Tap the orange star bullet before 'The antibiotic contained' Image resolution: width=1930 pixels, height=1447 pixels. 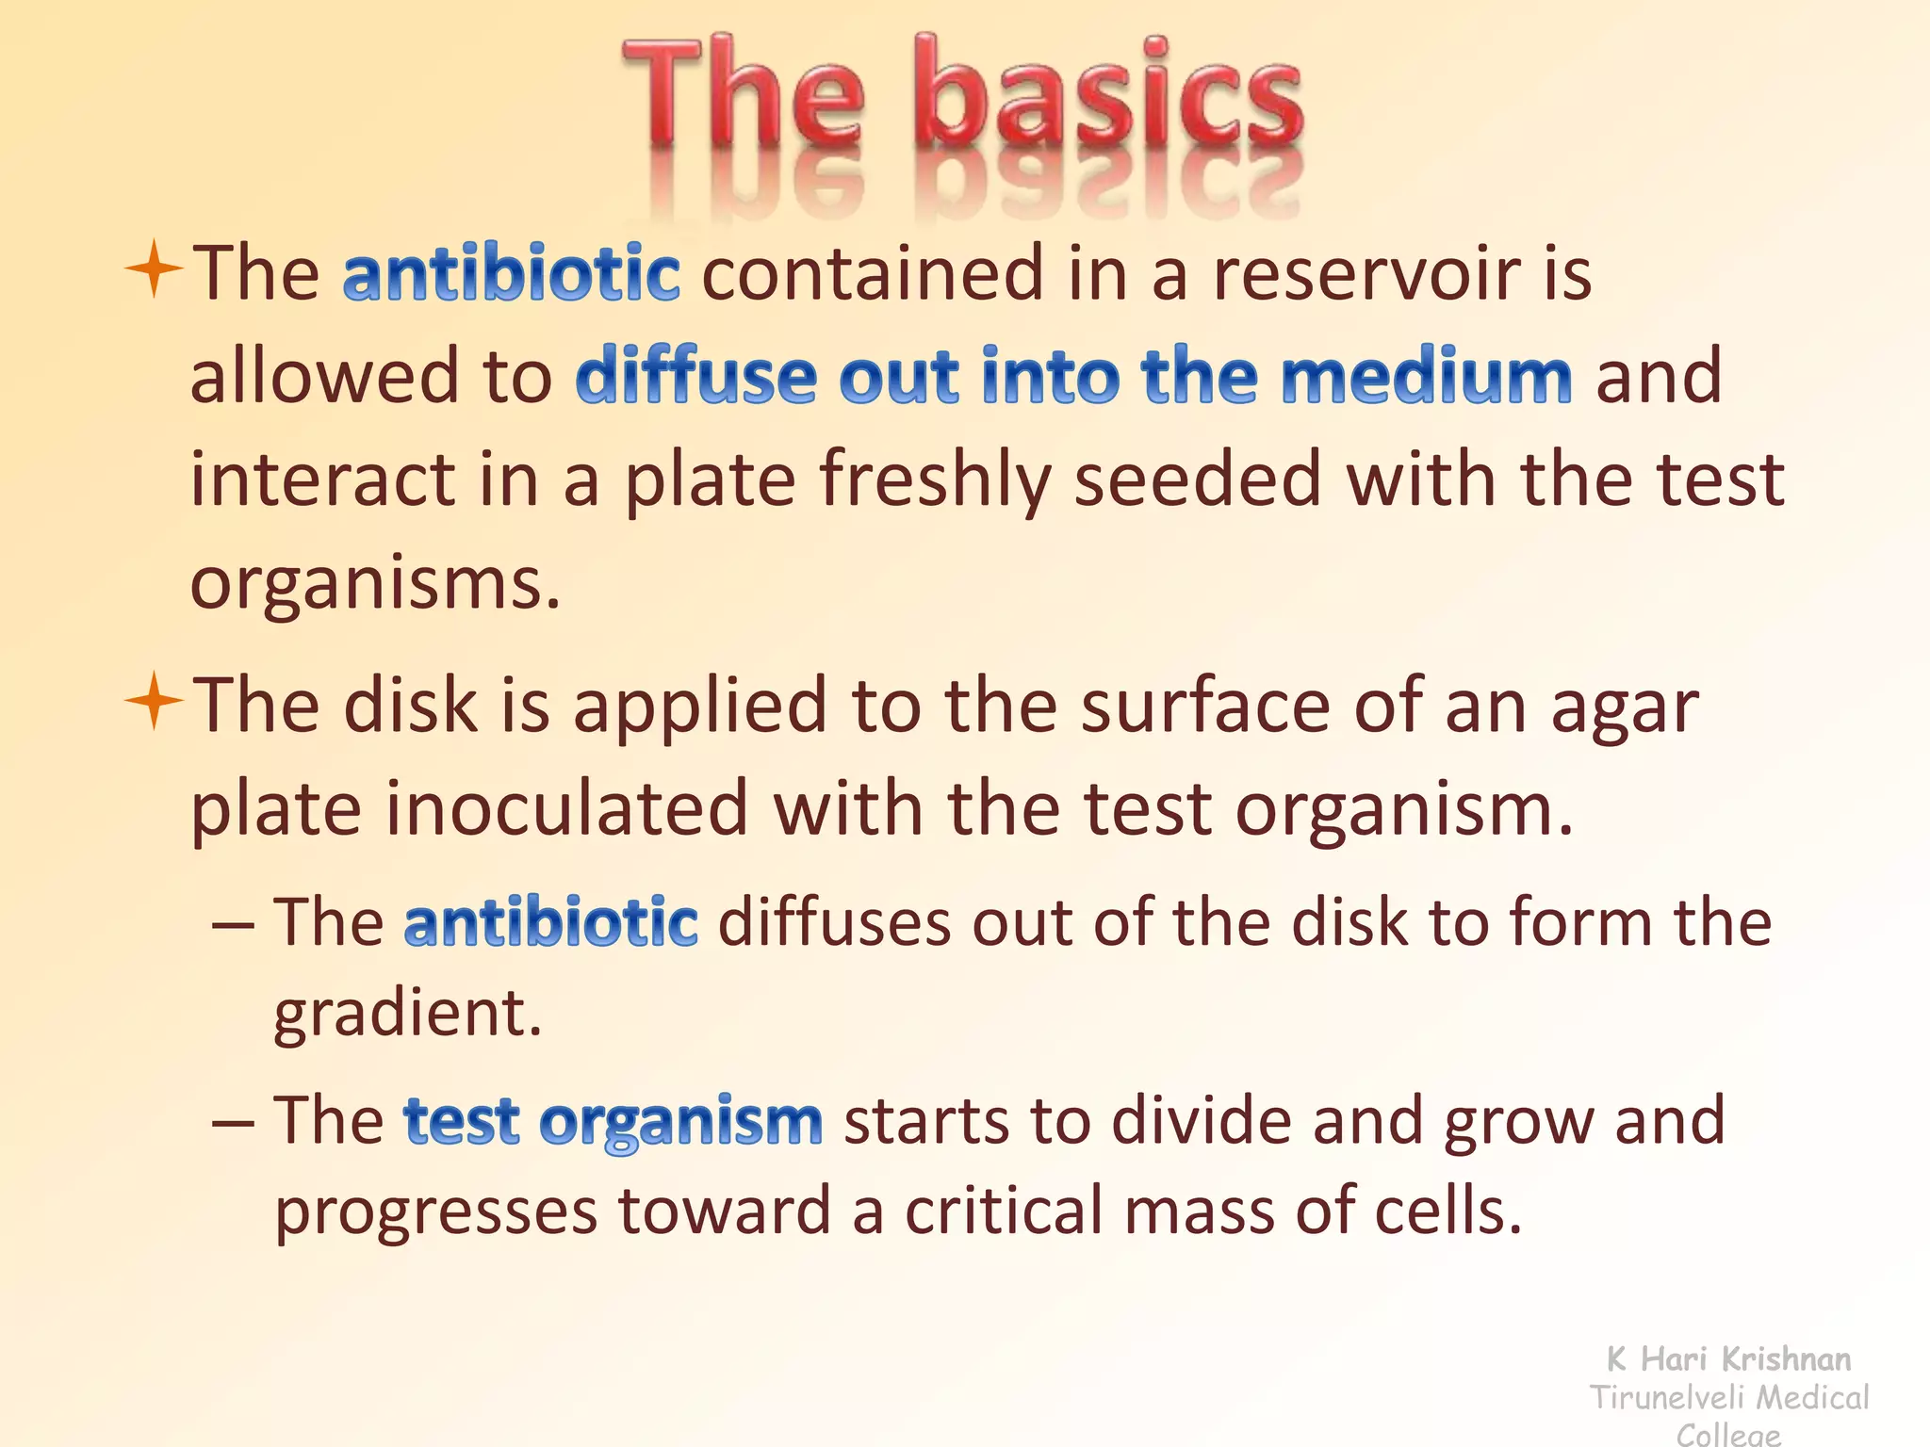point(153,269)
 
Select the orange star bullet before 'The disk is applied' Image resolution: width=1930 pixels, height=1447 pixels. point(153,702)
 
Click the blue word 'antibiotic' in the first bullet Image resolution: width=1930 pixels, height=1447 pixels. point(511,273)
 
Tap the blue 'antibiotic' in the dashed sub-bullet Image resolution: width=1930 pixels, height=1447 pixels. point(550,922)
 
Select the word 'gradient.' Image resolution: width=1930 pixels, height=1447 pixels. point(407,1016)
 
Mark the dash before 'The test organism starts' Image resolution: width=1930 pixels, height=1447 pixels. point(233,1123)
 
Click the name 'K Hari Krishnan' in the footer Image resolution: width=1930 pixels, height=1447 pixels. point(1728,1358)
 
